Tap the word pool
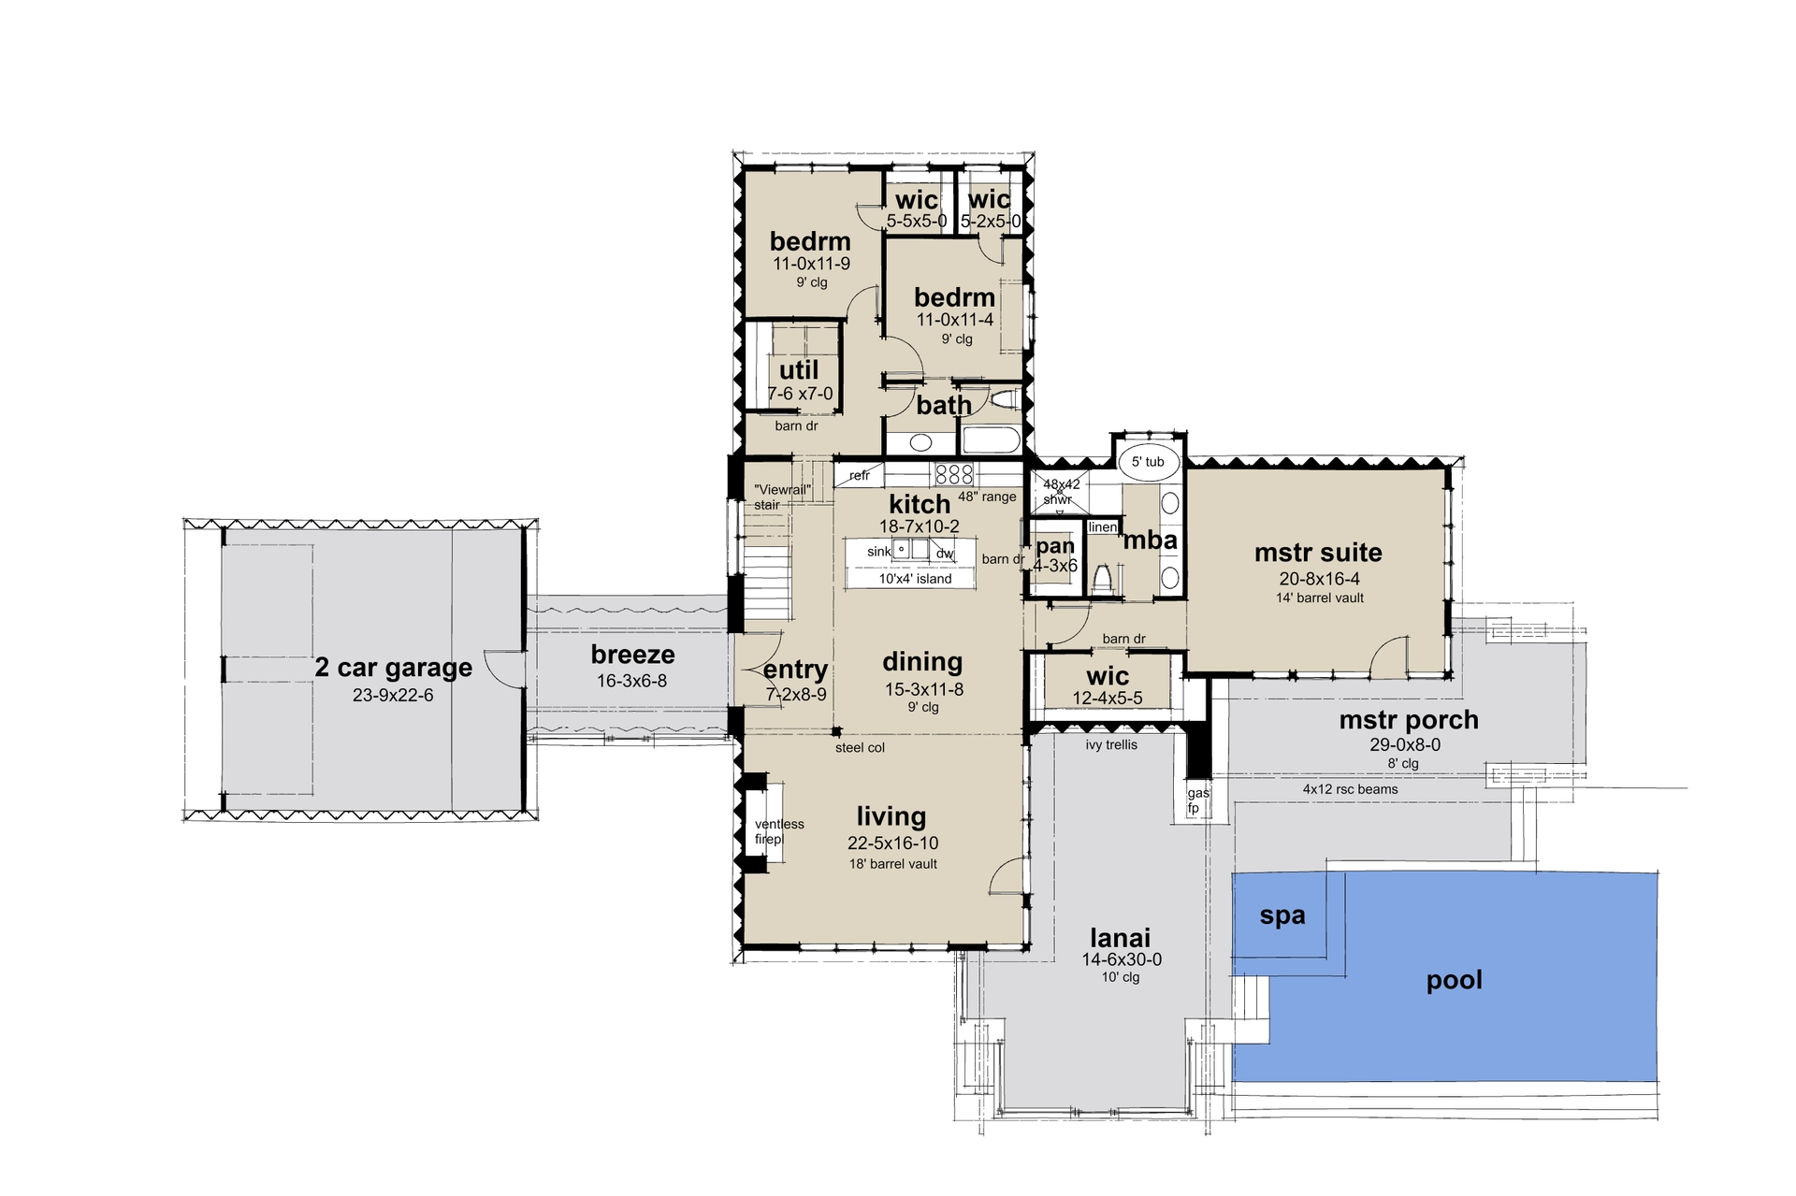pyautogui.click(x=1454, y=980)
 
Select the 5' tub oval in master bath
pyautogui.click(x=1148, y=462)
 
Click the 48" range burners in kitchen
pyautogui.click(x=954, y=473)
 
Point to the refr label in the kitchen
pyautogui.click(x=860, y=476)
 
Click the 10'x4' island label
pyautogui.click(x=914, y=579)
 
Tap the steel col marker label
pyautogui.click(x=860, y=747)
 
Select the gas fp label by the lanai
pyautogui.click(x=1197, y=800)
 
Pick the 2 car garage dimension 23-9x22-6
pyautogui.click(x=393, y=695)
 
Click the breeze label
pyautogui.click(x=632, y=655)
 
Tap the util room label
pyautogui.click(x=799, y=370)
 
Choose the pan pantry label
pyautogui.click(x=1055, y=546)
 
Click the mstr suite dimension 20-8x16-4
pyautogui.click(x=1319, y=579)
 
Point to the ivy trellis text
pyautogui.click(x=1111, y=745)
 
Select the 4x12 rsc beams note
pyautogui.click(x=1350, y=789)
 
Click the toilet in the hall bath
pyautogui.click(x=1004, y=401)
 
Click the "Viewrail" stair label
pyautogui.click(x=781, y=497)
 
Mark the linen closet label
pyautogui.click(x=1103, y=527)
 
